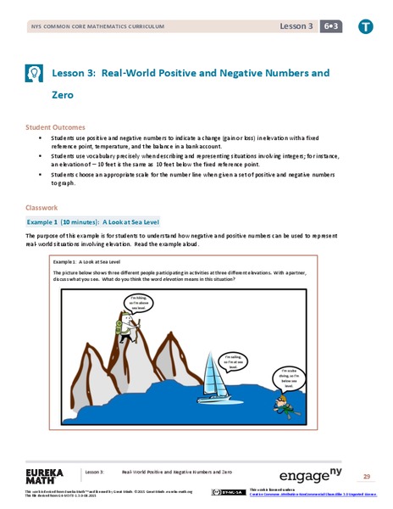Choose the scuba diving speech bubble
tap(291, 355)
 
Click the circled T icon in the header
tap(365, 28)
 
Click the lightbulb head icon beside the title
tap(36, 73)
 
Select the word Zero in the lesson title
tap(75, 96)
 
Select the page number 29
tap(367, 476)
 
